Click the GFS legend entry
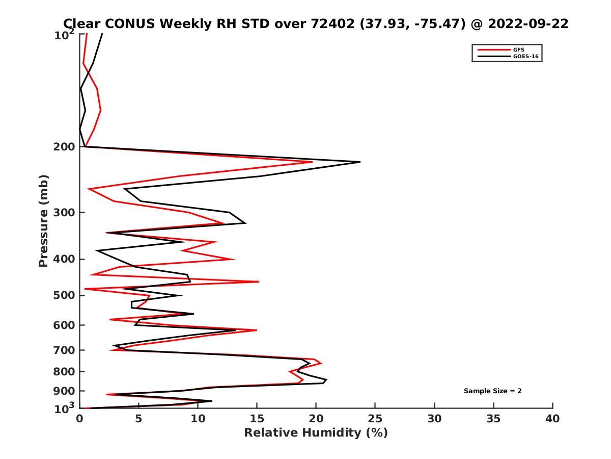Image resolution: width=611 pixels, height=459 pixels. [x=518, y=49]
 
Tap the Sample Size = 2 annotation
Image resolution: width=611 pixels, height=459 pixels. [x=492, y=391]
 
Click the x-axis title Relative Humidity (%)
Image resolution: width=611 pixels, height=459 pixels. [x=316, y=433]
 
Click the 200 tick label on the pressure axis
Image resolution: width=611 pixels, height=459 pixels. [x=65, y=147]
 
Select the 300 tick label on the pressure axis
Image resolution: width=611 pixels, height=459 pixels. [x=65, y=213]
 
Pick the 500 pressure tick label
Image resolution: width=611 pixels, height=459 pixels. [x=65, y=296]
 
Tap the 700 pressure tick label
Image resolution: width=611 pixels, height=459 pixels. [x=65, y=350]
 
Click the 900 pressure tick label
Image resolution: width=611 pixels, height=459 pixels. [x=65, y=392]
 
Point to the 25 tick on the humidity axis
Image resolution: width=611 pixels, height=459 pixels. [x=375, y=419]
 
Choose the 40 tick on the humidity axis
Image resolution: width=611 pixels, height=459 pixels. [x=552, y=419]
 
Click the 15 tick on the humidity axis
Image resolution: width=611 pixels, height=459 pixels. [x=257, y=419]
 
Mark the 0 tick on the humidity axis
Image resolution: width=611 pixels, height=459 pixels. [x=79, y=419]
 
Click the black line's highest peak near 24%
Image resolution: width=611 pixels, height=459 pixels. [x=360, y=162]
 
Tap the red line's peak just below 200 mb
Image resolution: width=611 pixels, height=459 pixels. [x=312, y=162]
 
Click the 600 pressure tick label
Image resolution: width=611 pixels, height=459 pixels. [x=65, y=325]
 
